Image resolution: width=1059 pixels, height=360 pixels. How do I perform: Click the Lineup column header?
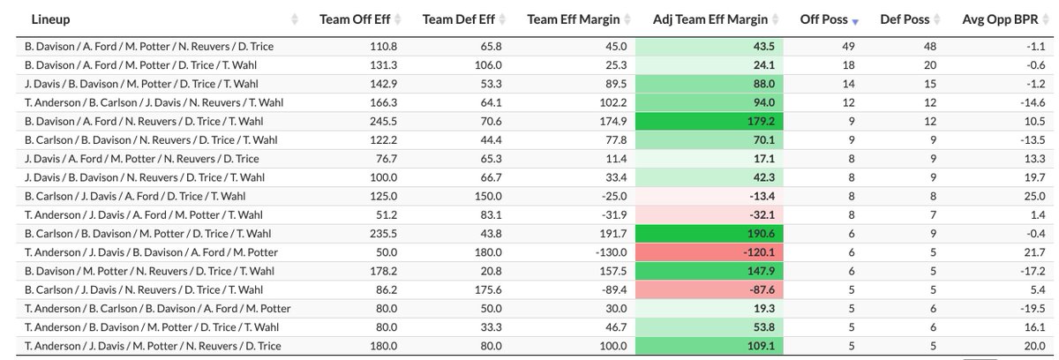coord(50,19)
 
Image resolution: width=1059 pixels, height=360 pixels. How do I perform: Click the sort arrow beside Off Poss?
coord(855,19)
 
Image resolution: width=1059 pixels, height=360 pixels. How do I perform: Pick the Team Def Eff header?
coord(456,19)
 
